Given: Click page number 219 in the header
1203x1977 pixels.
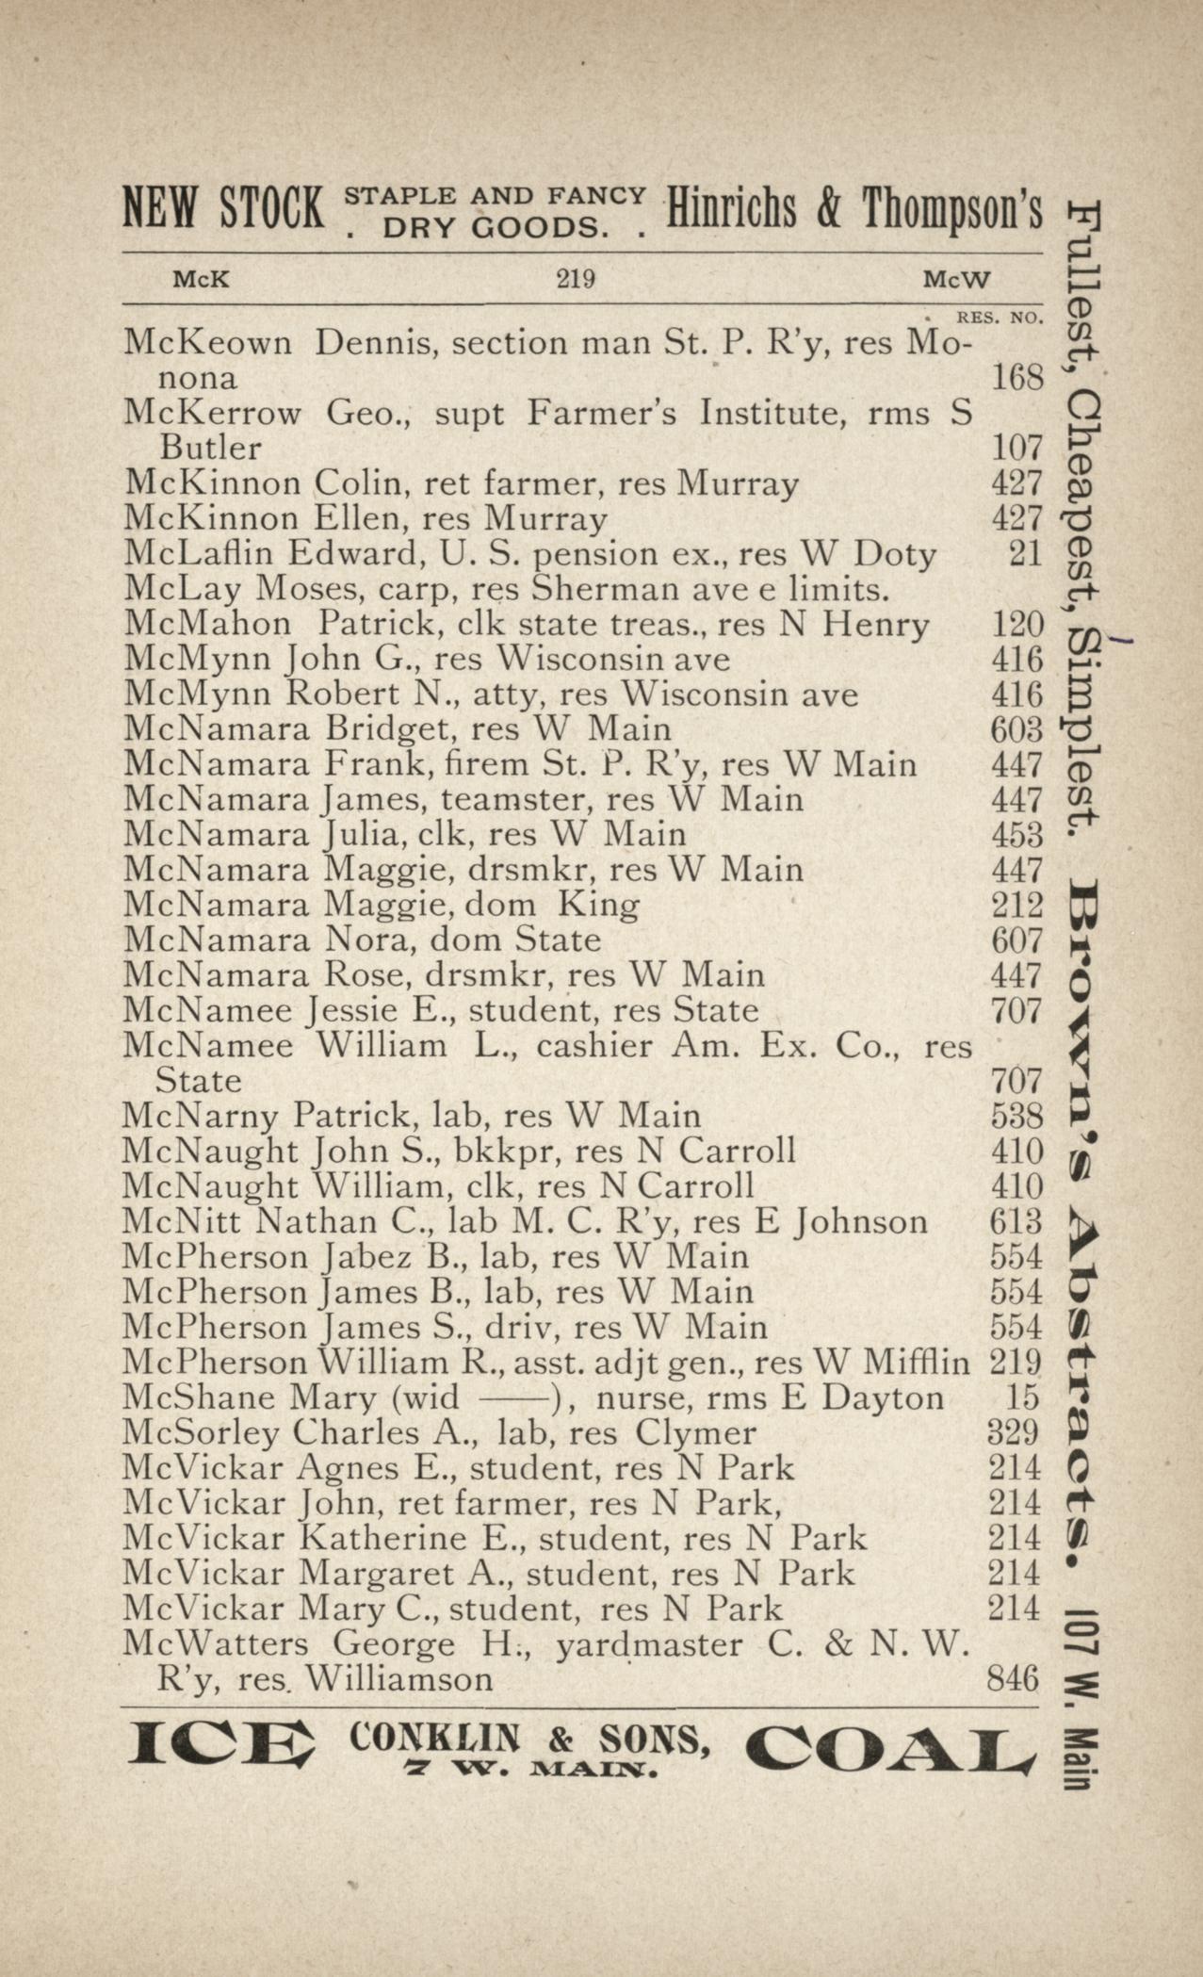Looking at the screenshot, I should coord(575,279).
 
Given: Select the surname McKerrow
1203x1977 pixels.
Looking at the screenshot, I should coord(213,413).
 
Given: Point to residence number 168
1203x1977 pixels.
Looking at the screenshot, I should coord(1017,378).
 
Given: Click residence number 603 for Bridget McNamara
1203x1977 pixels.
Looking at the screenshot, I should coord(1017,729).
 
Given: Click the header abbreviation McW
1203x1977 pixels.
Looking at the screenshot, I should coord(956,280).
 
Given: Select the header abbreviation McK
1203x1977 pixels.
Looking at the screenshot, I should coord(200,280).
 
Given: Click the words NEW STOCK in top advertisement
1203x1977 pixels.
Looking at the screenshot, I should coord(222,208).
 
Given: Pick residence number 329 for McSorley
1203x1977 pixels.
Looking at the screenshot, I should coord(1014,1433).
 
